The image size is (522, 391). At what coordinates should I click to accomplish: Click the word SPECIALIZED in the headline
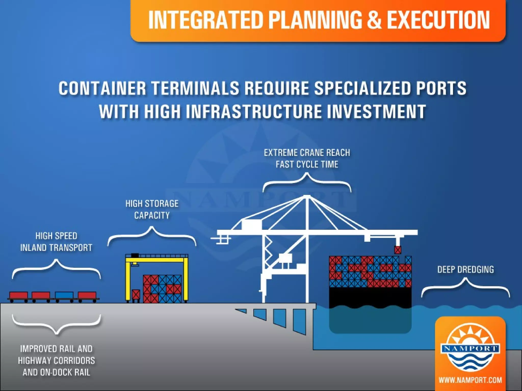pyautogui.click(x=362, y=88)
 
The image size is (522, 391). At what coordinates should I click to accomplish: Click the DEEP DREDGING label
pyautogui.click(x=465, y=270)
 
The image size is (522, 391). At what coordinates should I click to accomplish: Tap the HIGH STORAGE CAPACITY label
pyautogui.click(x=152, y=209)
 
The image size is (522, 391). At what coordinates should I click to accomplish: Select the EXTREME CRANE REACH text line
pyautogui.click(x=307, y=153)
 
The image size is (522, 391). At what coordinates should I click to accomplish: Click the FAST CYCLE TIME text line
pyautogui.click(x=307, y=164)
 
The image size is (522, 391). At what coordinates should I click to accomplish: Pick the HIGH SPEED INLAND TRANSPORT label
pyautogui.click(x=56, y=242)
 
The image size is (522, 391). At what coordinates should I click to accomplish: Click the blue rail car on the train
pyautogui.click(x=64, y=295)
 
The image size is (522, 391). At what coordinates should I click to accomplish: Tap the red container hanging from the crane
pyautogui.click(x=397, y=250)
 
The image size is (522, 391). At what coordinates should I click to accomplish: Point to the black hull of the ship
pyautogui.click(x=370, y=297)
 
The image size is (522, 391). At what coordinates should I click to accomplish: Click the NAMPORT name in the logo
pyautogui.click(x=470, y=348)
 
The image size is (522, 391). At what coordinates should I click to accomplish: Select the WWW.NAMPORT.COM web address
pyautogui.click(x=470, y=380)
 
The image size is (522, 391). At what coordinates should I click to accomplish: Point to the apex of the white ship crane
pyautogui.click(x=307, y=197)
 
